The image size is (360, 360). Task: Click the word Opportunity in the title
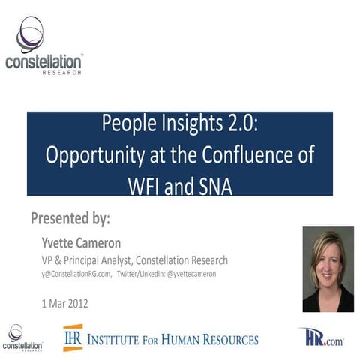pyautogui.click(x=84, y=156)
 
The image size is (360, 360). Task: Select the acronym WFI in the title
pyautogui.click(x=139, y=182)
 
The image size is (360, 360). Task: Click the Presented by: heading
pyautogui.click(x=70, y=219)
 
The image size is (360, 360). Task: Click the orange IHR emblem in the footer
pyautogui.click(x=73, y=337)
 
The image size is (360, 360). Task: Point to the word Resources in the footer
pyautogui.click(x=226, y=339)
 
